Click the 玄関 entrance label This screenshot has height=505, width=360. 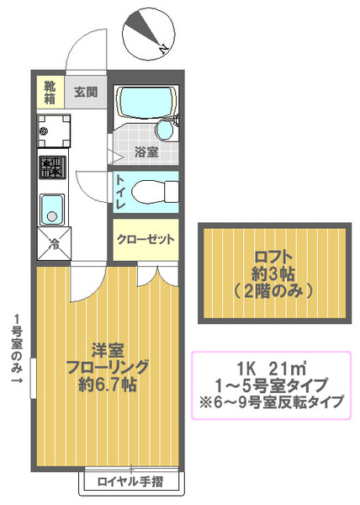tap(86, 92)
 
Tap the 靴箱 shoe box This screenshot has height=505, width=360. tap(50, 92)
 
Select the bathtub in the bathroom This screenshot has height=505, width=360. tap(146, 101)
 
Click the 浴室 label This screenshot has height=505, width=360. tap(146, 151)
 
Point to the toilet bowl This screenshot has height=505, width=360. tap(155, 192)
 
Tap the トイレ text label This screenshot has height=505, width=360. tap(120, 192)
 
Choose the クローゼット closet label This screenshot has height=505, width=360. tap(146, 239)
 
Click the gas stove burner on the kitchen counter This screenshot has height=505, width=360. tap(52, 167)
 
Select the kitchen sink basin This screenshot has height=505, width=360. tap(52, 210)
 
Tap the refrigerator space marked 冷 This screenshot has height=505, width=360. tap(54, 243)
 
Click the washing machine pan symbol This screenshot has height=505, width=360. tap(53, 130)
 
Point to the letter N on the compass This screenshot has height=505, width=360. tap(164, 49)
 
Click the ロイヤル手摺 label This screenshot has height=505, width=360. tap(130, 481)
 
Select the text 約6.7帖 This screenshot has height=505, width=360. tap(108, 384)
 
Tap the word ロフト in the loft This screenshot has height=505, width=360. tap(273, 257)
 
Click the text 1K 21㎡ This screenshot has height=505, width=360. tap(272, 369)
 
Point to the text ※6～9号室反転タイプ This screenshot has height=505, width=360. tap(272, 402)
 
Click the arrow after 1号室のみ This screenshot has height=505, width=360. tap(17, 380)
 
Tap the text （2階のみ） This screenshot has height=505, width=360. tap(273, 291)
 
